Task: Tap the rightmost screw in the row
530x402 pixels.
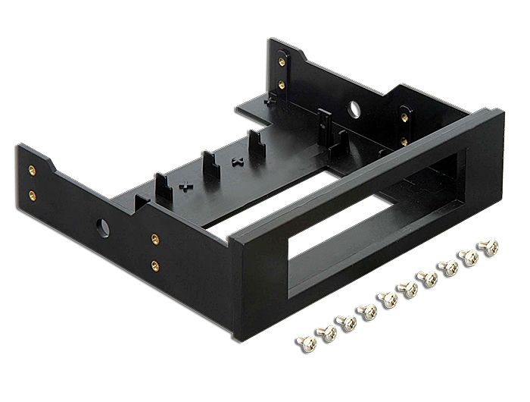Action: (489, 247)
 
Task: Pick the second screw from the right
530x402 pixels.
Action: (469, 257)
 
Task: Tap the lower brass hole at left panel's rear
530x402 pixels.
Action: (32, 195)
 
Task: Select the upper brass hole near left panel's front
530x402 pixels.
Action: (154, 239)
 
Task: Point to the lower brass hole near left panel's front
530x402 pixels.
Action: (154, 265)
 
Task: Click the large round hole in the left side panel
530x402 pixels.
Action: (103, 227)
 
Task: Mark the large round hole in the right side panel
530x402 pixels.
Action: (354, 108)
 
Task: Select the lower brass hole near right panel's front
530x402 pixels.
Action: (404, 141)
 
